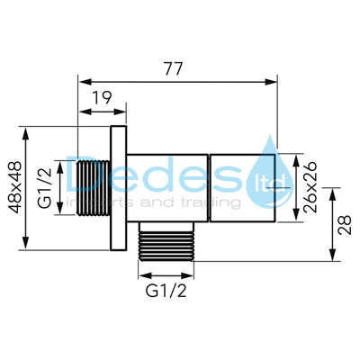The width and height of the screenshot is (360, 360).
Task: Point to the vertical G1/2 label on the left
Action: click(45, 188)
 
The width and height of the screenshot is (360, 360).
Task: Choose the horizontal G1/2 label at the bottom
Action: click(167, 292)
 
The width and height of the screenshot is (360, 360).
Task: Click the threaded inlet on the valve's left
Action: click(92, 188)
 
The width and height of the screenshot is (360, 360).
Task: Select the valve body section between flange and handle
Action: click(168, 188)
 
